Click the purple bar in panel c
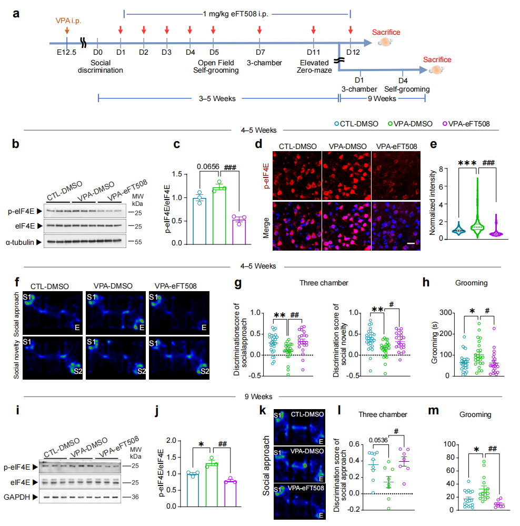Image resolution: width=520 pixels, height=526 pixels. point(239,230)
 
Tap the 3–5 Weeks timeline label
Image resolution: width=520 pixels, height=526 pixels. point(217,97)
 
